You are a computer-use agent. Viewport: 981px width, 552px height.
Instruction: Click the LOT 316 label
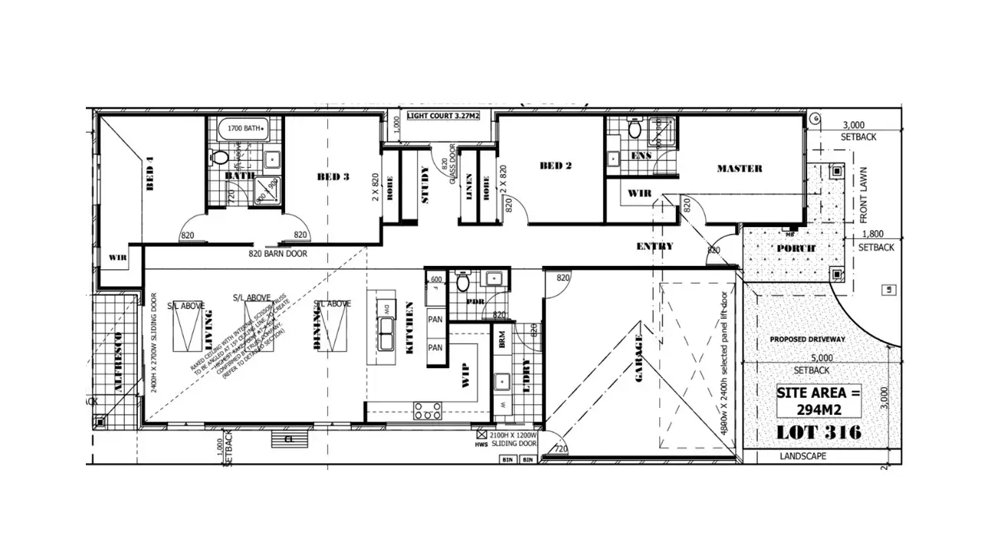[819, 432]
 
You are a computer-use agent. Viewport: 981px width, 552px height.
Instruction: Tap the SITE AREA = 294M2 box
[819, 399]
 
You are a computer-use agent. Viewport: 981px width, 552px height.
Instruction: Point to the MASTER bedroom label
[739, 169]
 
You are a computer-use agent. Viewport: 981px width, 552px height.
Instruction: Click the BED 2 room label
[556, 166]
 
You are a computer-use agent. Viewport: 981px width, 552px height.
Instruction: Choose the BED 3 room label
[333, 176]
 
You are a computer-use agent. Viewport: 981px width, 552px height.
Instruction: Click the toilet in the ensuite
[635, 130]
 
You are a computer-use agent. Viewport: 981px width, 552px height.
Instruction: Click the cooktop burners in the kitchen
[427, 410]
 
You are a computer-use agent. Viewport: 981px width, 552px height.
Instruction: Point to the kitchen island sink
[387, 337]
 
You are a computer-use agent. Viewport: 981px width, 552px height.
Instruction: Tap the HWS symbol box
[482, 434]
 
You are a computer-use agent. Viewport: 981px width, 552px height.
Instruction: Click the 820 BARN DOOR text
[277, 253]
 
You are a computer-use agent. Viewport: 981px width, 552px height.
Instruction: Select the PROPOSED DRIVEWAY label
[808, 340]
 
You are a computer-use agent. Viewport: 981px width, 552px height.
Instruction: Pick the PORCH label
[796, 248]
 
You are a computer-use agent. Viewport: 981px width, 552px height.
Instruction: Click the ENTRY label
[655, 246]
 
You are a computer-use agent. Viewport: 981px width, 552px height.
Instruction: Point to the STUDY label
[425, 185]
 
